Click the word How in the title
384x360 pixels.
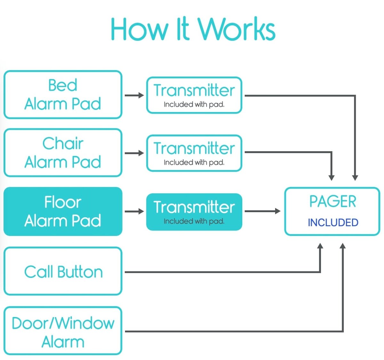click(139, 29)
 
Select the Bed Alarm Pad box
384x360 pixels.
click(63, 95)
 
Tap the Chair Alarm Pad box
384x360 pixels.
click(63, 153)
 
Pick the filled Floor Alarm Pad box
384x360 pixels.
click(63, 212)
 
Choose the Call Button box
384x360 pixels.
click(63, 271)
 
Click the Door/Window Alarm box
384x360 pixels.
click(63, 331)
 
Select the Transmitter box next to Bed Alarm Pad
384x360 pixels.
click(194, 95)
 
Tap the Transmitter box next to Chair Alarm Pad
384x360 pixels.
click(194, 153)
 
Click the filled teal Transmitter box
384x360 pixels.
click(194, 212)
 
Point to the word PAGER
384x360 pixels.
click(332, 202)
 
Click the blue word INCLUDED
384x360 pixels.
click(333, 223)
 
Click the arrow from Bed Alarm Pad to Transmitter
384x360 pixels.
click(134, 95)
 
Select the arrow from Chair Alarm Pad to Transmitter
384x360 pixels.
click(134, 153)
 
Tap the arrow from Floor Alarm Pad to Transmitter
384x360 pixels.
click(134, 211)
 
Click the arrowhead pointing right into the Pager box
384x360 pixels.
click(277, 211)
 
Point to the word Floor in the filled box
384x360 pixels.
click(63, 202)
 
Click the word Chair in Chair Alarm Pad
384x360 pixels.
click(63, 143)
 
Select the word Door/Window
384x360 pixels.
click(63, 323)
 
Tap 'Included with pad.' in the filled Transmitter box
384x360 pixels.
click(194, 221)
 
